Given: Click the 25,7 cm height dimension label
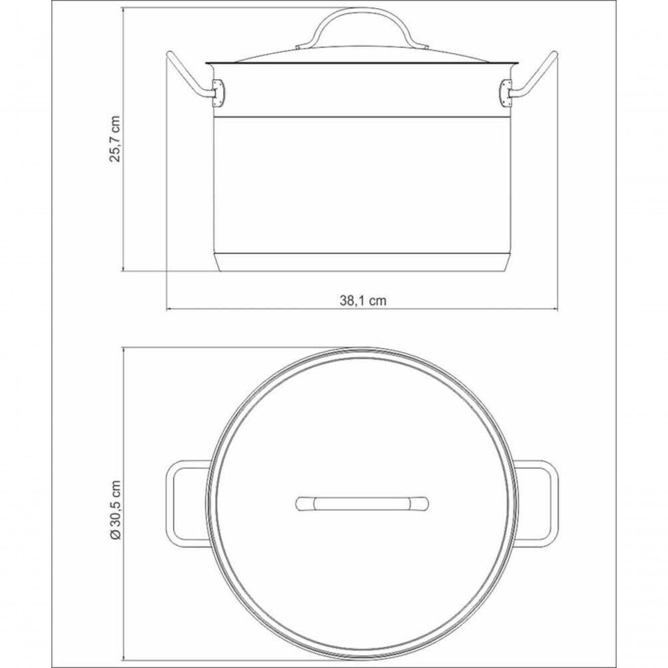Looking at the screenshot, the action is pos(115,138).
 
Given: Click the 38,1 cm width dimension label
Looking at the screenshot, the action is pos(363,301).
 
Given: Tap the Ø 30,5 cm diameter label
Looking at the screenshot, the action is pos(115,510).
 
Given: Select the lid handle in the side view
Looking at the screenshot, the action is pos(361,27).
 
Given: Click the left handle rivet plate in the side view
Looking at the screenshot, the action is pos(219,93).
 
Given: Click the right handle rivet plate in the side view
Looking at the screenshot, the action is pos(505,93).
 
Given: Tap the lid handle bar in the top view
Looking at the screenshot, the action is pos(362,503).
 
